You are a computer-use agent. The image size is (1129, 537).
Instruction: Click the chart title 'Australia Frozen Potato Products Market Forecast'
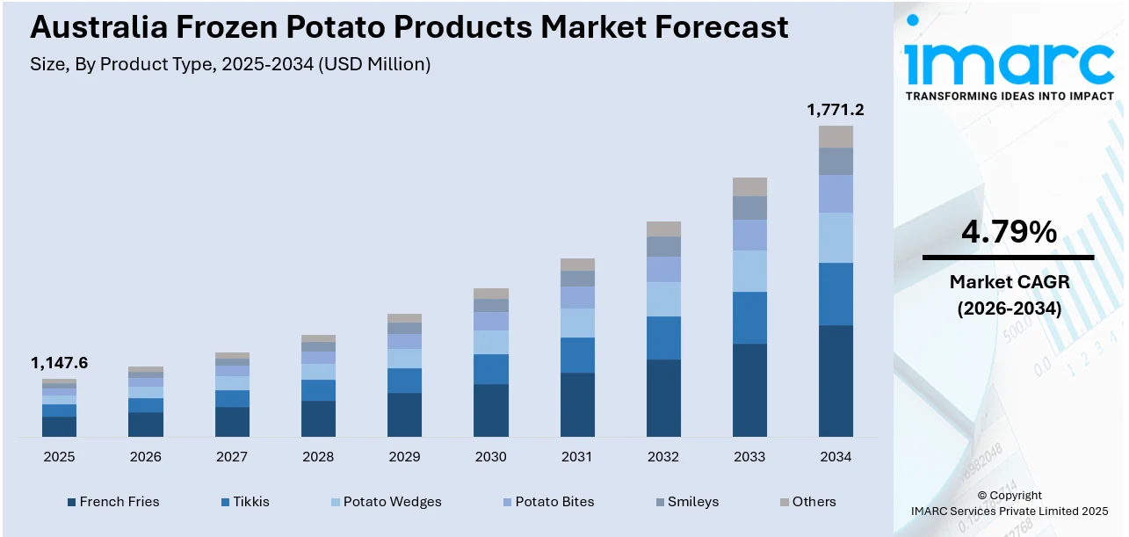point(409,26)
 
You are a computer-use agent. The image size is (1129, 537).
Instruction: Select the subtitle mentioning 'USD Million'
point(230,64)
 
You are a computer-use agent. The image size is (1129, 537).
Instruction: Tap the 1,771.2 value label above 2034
point(835,110)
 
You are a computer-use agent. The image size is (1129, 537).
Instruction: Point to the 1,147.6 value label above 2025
point(59,363)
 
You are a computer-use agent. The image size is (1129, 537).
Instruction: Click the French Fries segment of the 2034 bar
point(836,381)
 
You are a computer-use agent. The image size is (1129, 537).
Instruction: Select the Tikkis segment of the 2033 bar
point(749,317)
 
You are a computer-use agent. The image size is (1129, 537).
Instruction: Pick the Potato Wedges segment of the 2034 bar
point(836,237)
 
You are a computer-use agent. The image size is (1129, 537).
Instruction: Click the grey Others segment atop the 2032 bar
point(663,229)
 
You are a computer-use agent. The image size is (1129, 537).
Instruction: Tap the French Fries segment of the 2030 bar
point(491,410)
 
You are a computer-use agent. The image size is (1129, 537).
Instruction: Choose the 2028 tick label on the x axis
point(318,457)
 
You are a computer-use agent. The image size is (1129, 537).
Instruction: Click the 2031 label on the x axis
point(577,457)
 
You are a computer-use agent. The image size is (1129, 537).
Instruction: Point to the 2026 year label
point(145,457)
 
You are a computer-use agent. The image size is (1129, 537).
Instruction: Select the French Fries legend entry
point(119,502)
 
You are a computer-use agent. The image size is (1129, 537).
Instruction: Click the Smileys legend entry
point(691,502)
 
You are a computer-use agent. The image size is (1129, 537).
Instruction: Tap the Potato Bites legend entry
point(554,502)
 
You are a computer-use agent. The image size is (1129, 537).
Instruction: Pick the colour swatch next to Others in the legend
point(785,502)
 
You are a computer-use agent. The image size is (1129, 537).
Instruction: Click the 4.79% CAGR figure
point(1008,232)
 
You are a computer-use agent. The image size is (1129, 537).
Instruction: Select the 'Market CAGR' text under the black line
point(1008,282)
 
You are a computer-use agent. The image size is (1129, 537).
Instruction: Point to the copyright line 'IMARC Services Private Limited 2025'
point(1008,511)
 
